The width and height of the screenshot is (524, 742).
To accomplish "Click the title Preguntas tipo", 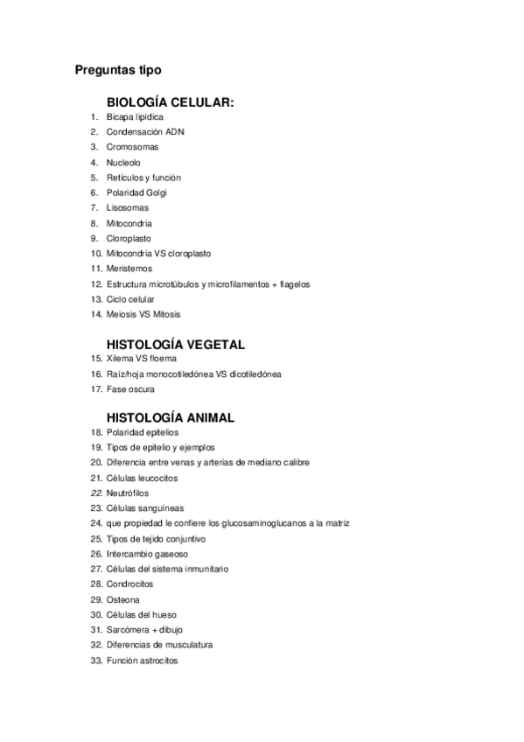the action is [118, 69].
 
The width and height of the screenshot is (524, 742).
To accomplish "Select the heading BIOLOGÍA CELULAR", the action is [170, 102].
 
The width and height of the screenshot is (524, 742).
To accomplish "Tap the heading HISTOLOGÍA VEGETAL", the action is [175, 344].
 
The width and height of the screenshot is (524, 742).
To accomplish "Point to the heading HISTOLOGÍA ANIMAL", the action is [170, 417].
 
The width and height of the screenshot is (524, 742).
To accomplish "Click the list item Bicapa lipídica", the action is [135, 117].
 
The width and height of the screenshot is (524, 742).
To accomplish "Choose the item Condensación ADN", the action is [145, 132].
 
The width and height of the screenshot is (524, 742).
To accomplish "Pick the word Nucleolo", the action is [123, 163].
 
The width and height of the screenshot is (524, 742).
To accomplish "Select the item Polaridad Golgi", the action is [136, 192].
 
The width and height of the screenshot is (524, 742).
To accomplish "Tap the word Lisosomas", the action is [128, 208].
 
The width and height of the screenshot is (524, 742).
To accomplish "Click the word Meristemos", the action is [129, 269].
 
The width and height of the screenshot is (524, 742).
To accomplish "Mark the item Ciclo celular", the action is [130, 299].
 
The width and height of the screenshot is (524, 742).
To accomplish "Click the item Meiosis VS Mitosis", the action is [143, 314].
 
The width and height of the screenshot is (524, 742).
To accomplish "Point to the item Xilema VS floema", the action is [142, 359].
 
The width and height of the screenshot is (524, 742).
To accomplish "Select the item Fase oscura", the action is [130, 389].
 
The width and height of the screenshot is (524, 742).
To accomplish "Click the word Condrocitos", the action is [129, 584].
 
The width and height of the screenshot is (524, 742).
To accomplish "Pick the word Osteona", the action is [123, 599].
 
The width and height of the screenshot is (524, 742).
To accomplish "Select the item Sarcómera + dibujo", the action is [144, 630].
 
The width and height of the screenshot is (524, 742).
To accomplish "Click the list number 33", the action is [96, 661].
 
